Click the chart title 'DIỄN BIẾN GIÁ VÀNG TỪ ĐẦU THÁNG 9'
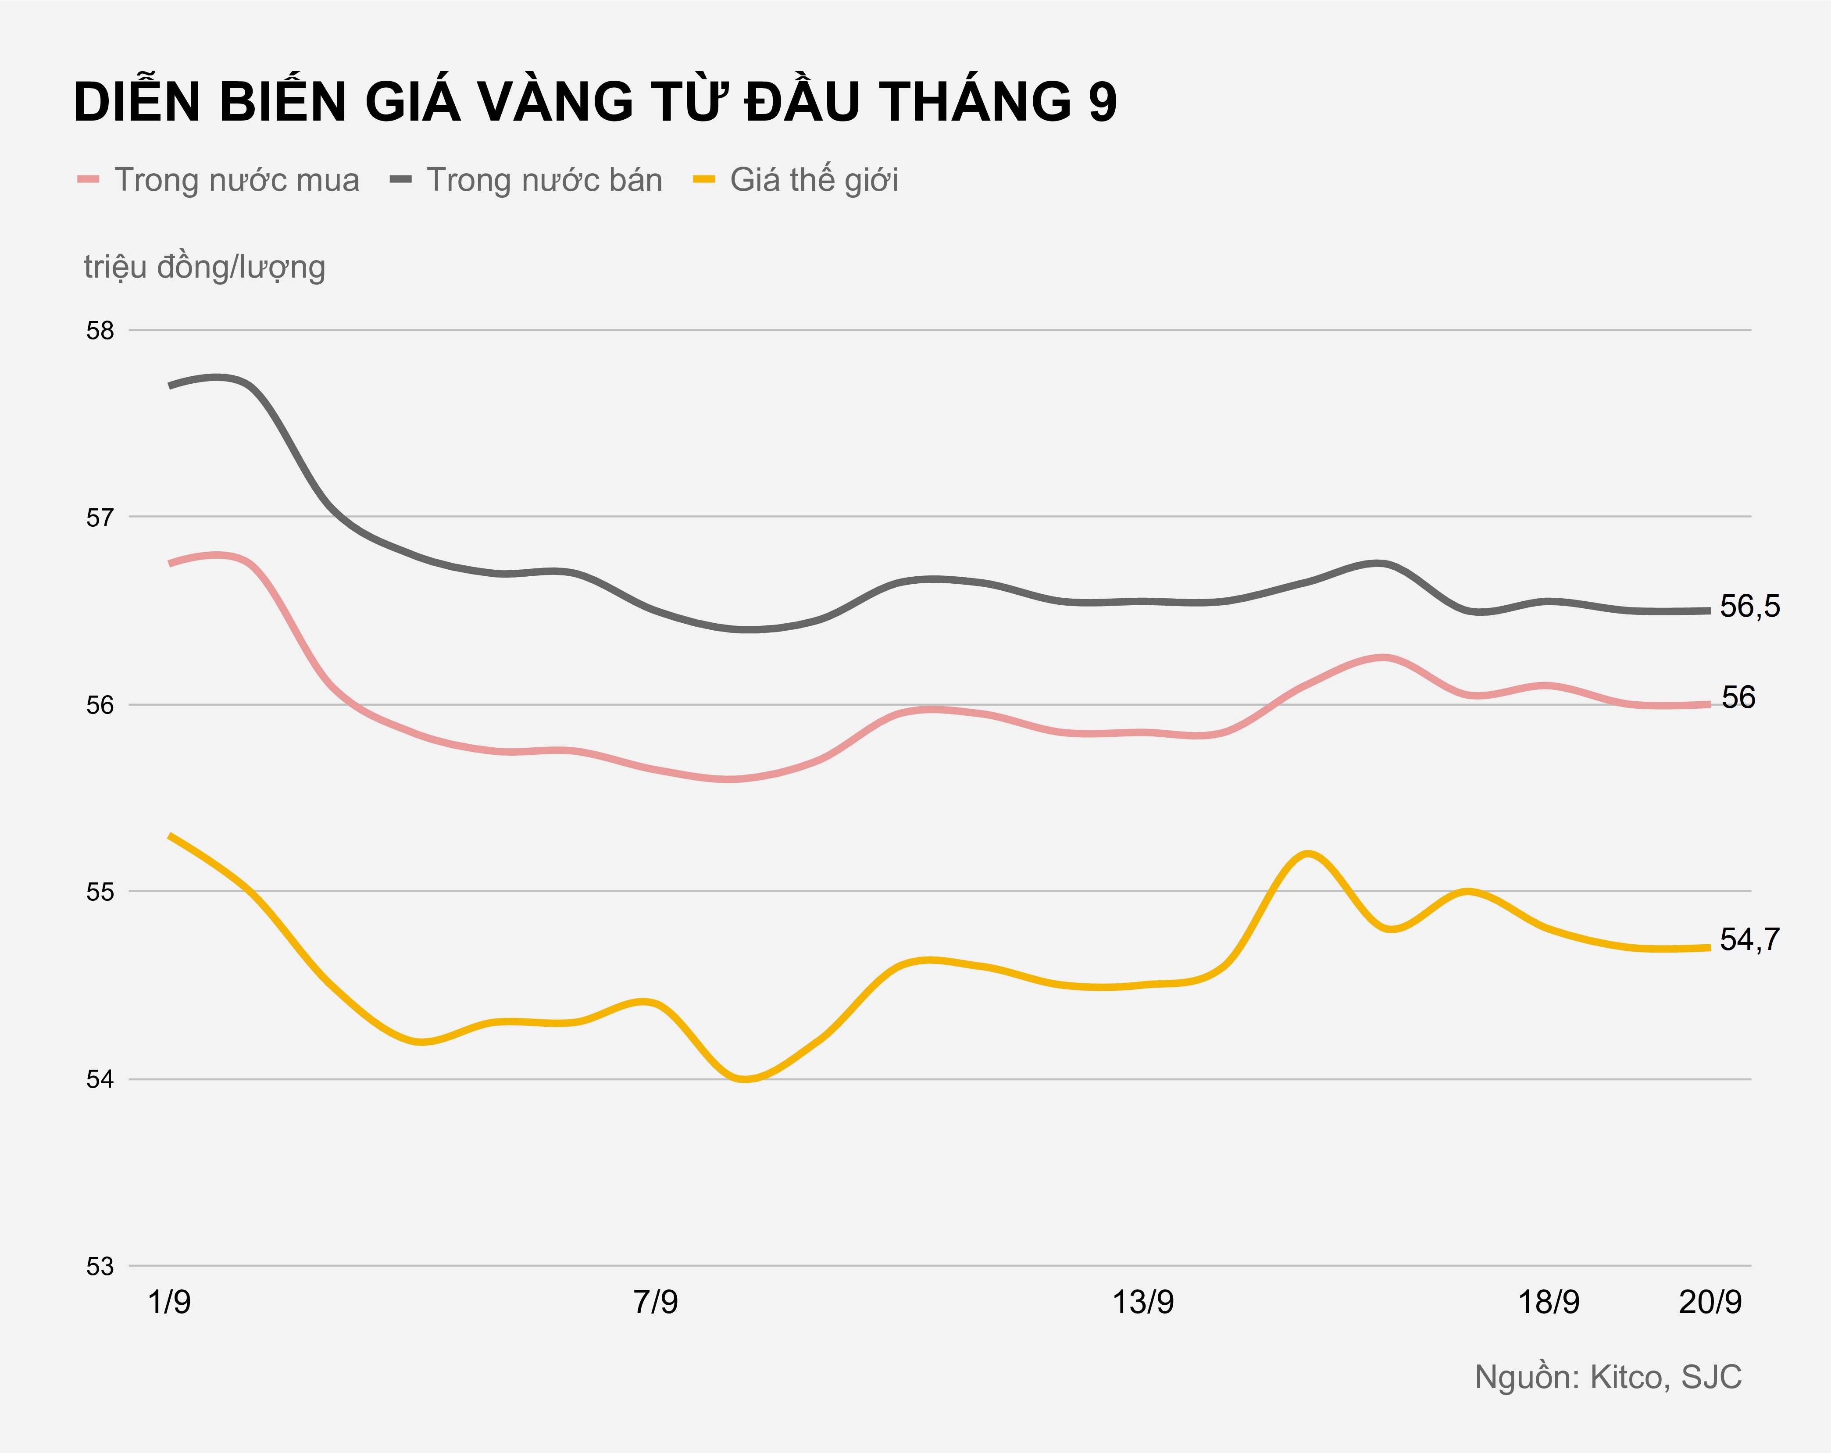click(595, 102)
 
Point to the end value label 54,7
click(1749, 940)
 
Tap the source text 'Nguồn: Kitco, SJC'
click(1608, 1378)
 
